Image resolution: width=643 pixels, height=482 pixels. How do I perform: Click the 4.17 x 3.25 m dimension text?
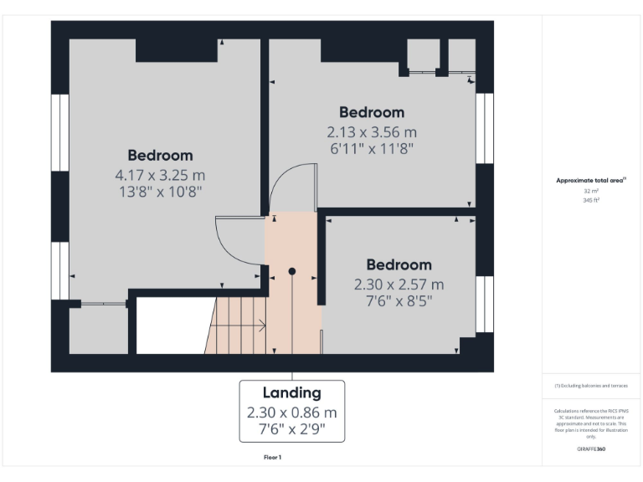pyautogui.click(x=160, y=176)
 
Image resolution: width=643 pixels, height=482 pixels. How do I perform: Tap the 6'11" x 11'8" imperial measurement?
pyautogui.click(x=371, y=148)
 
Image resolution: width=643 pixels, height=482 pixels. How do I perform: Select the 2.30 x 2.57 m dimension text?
pyautogui.click(x=399, y=285)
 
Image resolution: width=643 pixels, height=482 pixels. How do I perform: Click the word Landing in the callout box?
pyautogui.click(x=291, y=392)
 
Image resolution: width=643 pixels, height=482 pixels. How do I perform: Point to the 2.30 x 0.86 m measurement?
pyautogui.click(x=291, y=413)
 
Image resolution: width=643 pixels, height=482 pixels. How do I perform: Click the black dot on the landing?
pyautogui.click(x=292, y=271)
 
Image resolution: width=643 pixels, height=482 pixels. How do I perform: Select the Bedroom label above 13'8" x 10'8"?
pyautogui.click(x=160, y=155)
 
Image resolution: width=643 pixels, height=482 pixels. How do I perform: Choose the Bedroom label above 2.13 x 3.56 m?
pyautogui.click(x=371, y=112)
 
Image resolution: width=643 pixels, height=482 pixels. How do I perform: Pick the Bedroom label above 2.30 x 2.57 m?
pyautogui.click(x=399, y=264)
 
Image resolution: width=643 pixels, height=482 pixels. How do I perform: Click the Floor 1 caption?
pyautogui.click(x=272, y=458)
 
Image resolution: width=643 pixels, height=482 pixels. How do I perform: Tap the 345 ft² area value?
pyautogui.click(x=592, y=201)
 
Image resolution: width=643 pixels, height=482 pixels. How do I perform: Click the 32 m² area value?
pyautogui.click(x=592, y=191)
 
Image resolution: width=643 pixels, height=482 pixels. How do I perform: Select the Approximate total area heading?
pyautogui.click(x=591, y=180)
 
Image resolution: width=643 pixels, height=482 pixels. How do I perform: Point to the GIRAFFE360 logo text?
pyautogui.click(x=591, y=449)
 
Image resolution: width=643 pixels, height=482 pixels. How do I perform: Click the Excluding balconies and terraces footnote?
pyautogui.click(x=591, y=386)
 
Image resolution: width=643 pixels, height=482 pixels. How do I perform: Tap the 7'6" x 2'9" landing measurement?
pyautogui.click(x=291, y=432)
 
